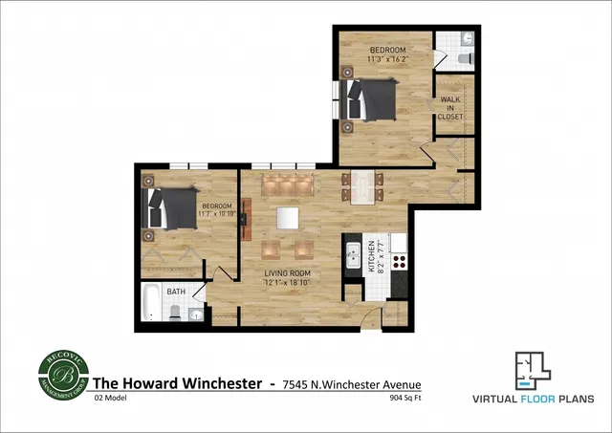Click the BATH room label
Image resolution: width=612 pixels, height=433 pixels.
coord(176,292)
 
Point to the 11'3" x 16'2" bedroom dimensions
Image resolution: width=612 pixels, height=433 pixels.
coord(387,59)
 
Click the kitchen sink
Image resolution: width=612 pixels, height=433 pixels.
coord(353,255)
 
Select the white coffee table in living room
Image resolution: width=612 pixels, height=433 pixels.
coord(288,218)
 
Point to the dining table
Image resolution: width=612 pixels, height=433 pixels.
coord(361,186)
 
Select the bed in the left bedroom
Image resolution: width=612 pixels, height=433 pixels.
coord(168,208)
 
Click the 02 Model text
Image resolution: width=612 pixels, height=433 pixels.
coord(112,397)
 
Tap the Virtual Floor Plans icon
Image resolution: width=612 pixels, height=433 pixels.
coord(533,369)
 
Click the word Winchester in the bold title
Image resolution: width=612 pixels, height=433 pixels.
coord(218,383)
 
